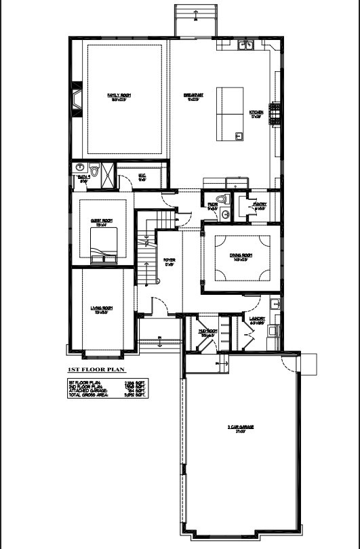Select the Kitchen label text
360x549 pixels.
click(256, 113)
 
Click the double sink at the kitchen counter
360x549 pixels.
click(245, 45)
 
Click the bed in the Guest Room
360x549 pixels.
click(104, 244)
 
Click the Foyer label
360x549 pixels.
click(169, 261)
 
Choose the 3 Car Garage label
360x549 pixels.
click(240, 428)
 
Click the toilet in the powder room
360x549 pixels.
click(225, 213)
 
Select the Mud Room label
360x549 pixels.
click(207, 332)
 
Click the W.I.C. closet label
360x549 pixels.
click(142, 179)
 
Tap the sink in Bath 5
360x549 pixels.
click(79, 167)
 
